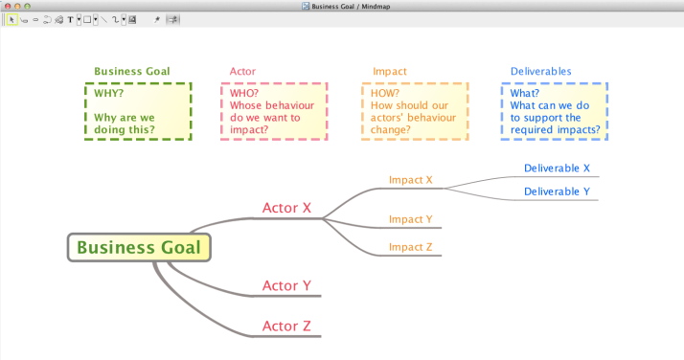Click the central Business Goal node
coord(139,247)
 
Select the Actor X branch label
coord(286,208)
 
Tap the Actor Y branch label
coord(286,286)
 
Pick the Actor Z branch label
coord(286,326)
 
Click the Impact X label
coord(411,180)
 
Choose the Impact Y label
coord(411,219)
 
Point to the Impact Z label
coord(411,248)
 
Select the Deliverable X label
coord(557,169)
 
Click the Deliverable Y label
coord(557,191)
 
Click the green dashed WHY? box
coord(138,111)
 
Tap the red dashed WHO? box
coord(274,111)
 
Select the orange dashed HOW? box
coord(415,111)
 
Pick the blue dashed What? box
coord(554,111)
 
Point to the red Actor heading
coord(243,71)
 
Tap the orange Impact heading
coord(390,71)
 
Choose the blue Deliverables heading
coord(540,71)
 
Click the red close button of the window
coord(6,6)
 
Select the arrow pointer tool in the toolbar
coord(11,19)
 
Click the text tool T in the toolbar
coord(70,19)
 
